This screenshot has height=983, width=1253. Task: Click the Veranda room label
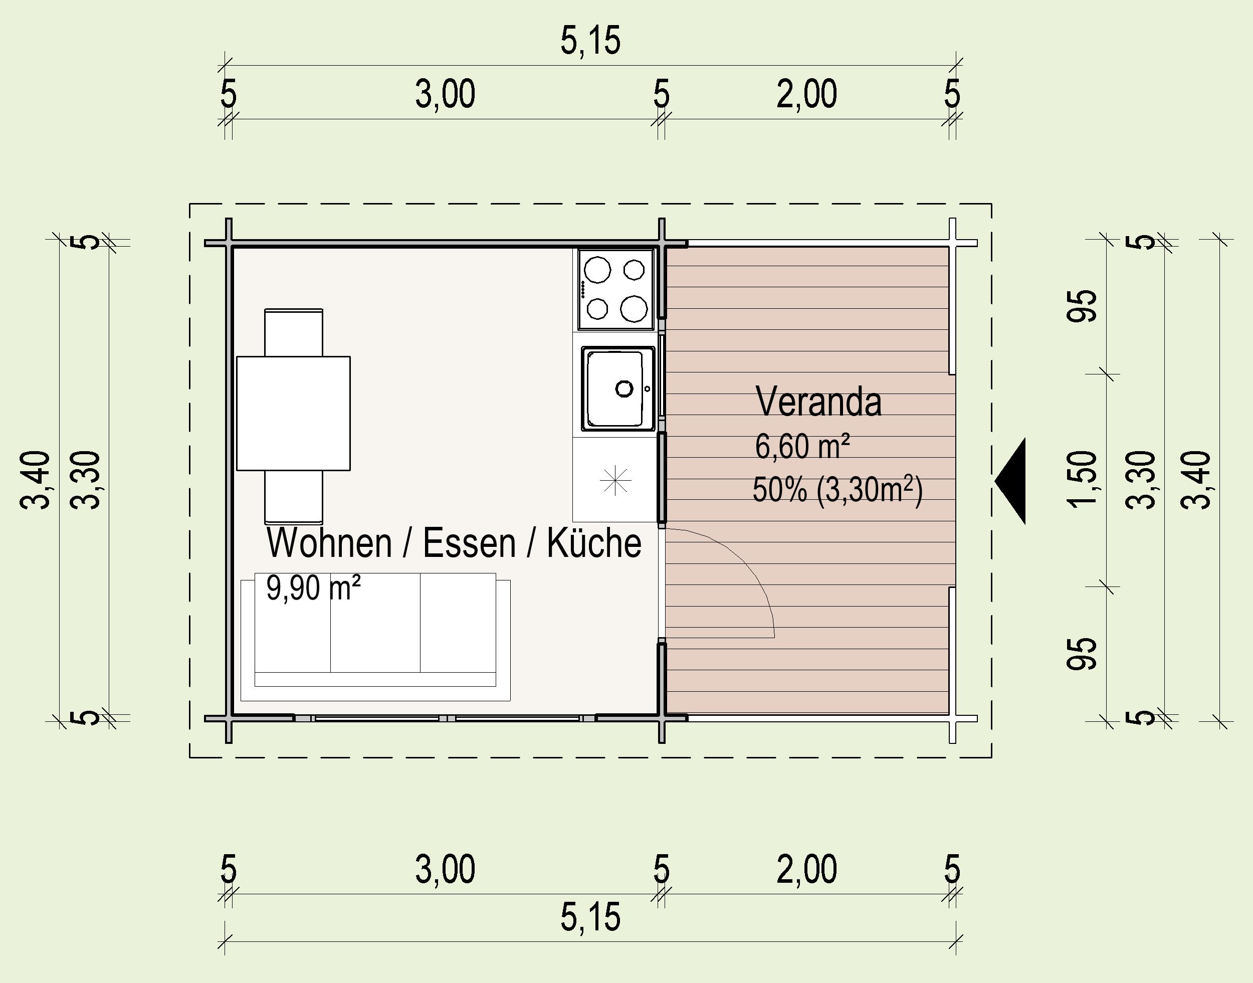(x=818, y=401)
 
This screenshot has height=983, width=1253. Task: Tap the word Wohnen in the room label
(x=329, y=543)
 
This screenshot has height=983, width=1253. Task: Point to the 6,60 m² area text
(x=802, y=446)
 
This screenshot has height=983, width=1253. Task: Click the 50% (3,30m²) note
(x=837, y=491)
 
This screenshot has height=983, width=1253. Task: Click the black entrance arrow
(x=1010, y=481)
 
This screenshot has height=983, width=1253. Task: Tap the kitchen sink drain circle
(x=624, y=388)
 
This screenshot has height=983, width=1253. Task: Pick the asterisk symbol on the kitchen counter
(x=615, y=479)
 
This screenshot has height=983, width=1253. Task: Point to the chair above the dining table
(x=293, y=333)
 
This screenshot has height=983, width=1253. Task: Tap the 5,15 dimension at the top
(x=591, y=41)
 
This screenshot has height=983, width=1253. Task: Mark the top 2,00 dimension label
(x=806, y=94)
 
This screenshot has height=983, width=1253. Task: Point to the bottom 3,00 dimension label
(x=445, y=869)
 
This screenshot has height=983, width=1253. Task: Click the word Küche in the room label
(x=594, y=543)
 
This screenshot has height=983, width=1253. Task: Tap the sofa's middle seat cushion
(x=375, y=623)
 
